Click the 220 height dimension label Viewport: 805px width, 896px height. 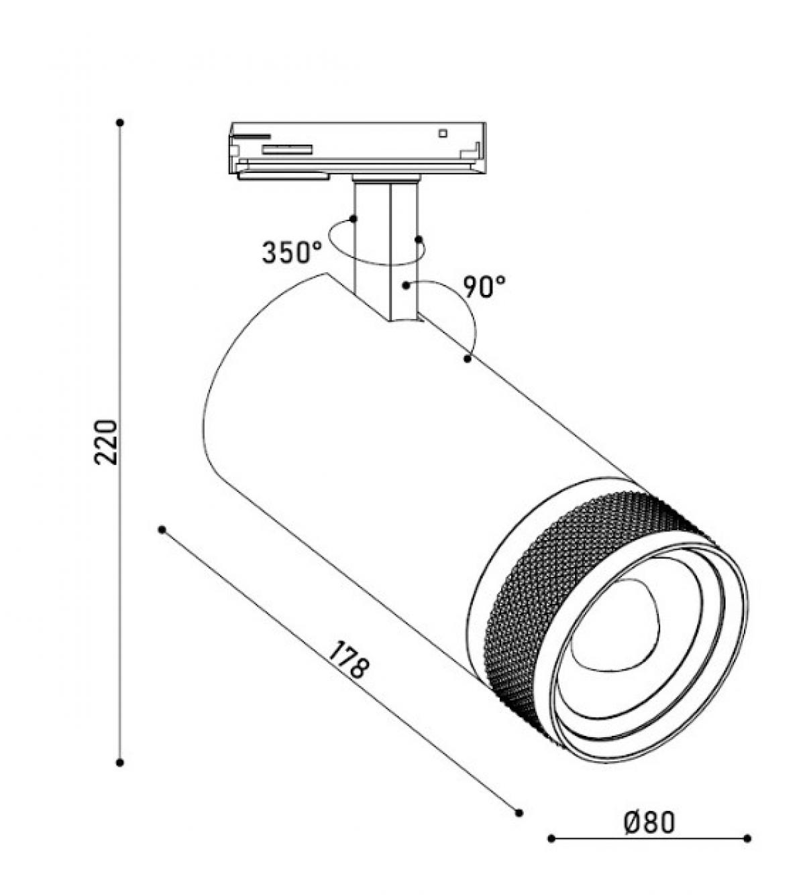coord(106,442)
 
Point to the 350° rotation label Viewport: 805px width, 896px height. coord(292,253)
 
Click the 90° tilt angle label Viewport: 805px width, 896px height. coord(484,287)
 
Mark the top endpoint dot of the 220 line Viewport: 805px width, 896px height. coord(119,123)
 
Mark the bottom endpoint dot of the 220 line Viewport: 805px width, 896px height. coord(119,763)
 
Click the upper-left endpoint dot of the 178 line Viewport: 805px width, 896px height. coord(162,529)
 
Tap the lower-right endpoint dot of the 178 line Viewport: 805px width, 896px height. coord(519,813)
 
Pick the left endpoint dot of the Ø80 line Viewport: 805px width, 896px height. coord(551,851)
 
